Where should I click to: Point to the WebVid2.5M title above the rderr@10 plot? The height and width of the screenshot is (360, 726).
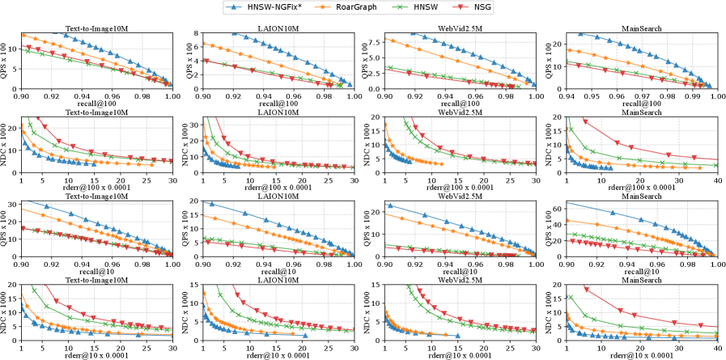pyautogui.click(x=460, y=280)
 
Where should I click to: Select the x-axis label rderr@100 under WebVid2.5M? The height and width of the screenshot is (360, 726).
pyautogui.click(x=460, y=188)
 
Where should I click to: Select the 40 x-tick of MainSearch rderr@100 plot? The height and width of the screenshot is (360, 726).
pyautogui.click(x=717, y=180)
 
